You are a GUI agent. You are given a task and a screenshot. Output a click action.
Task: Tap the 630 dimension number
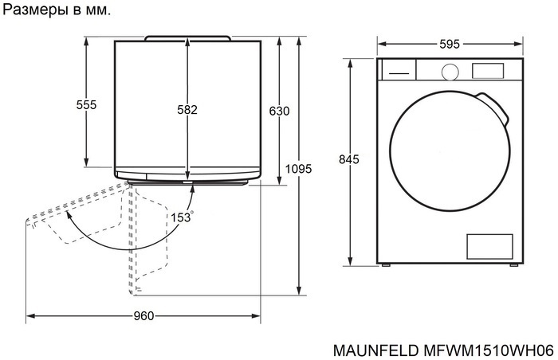(x=279, y=111)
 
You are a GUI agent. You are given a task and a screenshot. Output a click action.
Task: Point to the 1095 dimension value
(x=298, y=169)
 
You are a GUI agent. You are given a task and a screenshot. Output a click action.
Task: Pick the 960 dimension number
(x=143, y=316)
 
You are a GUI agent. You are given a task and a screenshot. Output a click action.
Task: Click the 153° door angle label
(x=181, y=216)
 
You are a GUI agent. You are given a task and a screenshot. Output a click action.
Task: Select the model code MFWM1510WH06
(x=485, y=349)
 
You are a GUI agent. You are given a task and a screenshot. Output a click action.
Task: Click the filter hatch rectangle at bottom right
(x=489, y=246)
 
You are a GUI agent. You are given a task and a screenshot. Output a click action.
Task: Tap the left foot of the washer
(x=385, y=265)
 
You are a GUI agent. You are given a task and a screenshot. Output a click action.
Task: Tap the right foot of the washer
(x=514, y=265)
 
